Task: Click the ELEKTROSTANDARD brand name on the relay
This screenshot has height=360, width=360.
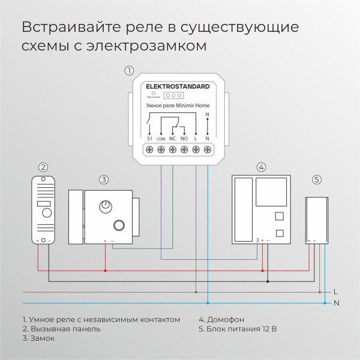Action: [178, 86]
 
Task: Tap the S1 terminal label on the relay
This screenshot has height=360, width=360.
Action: [149, 139]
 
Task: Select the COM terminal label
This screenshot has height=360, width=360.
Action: [161, 139]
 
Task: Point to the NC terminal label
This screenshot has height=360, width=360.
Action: [172, 139]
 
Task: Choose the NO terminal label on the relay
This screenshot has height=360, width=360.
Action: [184, 139]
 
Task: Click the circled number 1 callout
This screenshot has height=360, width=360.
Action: [129, 70]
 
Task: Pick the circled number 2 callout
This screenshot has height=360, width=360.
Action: [43, 167]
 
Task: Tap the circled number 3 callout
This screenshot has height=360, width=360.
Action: [104, 179]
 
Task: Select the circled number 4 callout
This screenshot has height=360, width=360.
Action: [260, 167]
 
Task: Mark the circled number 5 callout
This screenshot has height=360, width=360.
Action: [317, 179]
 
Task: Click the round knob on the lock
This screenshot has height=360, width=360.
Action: [107, 206]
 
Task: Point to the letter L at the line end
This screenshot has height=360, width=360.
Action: [335, 292]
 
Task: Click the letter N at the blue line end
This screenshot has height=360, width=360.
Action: [336, 303]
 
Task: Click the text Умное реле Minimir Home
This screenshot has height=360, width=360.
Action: [178, 105]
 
